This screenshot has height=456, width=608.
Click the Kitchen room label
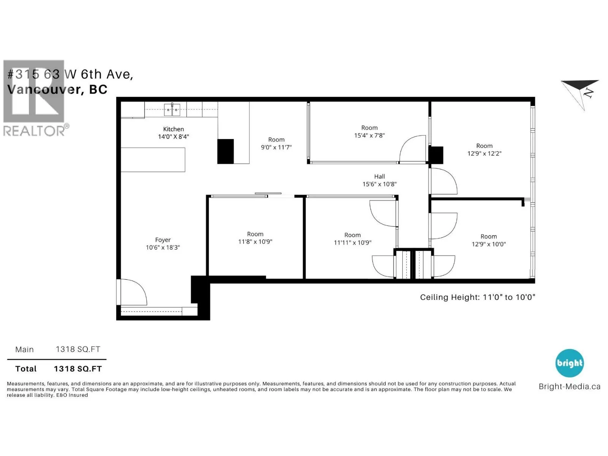pyautogui.click(x=173, y=129)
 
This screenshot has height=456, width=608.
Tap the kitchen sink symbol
pyautogui.click(x=172, y=110)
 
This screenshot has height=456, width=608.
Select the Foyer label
pyautogui.click(x=163, y=240)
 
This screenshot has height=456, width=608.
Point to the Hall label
pyautogui.click(x=379, y=176)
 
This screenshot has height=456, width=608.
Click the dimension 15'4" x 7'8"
pyautogui.click(x=369, y=135)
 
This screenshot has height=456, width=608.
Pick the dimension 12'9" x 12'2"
pyautogui.click(x=484, y=154)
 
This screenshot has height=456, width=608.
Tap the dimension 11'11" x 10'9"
pyautogui.click(x=352, y=242)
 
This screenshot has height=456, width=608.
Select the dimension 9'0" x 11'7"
pyautogui.click(x=276, y=147)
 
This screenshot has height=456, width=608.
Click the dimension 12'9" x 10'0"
pyautogui.click(x=488, y=244)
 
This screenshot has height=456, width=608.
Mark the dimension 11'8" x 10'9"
pyautogui.click(x=255, y=241)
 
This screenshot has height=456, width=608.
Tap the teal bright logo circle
pyautogui.click(x=570, y=363)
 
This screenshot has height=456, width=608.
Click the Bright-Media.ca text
pyautogui.click(x=570, y=386)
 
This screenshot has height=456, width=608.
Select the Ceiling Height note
pyautogui.click(x=477, y=298)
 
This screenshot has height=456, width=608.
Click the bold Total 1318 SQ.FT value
pyautogui.click(x=78, y=369)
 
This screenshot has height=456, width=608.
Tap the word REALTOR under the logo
pyautogui.click(x=34, y=131)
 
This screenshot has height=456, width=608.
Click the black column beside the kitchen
pyautogui.click(x=225, y=151)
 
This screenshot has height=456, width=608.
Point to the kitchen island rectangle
pyautogui.click(x=153, y=160)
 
